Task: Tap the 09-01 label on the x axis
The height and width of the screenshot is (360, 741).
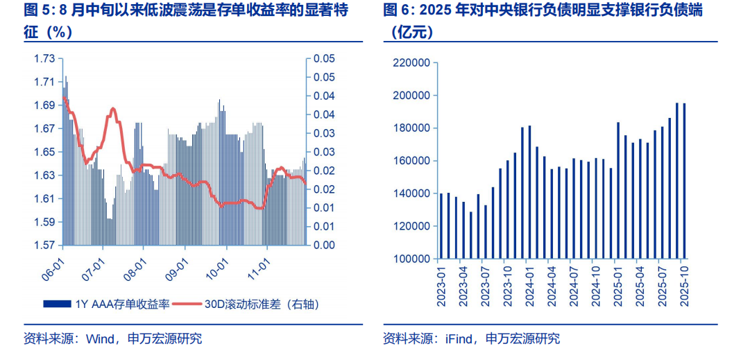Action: point(176,268)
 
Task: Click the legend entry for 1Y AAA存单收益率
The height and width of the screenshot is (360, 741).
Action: point(104,304)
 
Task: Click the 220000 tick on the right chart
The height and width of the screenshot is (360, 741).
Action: point(411,63)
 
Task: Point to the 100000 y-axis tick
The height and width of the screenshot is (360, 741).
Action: point(411,259)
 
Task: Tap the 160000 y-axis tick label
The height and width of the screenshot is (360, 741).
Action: point(411,161)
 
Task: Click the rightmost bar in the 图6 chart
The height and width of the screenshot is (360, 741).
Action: point(684,180)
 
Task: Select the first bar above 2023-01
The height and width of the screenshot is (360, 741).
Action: point(441,225)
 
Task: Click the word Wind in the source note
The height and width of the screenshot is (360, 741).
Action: point(99,339)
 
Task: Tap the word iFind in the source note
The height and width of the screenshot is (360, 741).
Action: point(459,339)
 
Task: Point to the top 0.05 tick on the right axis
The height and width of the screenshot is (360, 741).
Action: point(324,58)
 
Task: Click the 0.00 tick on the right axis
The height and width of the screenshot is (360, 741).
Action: point(324,246)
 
